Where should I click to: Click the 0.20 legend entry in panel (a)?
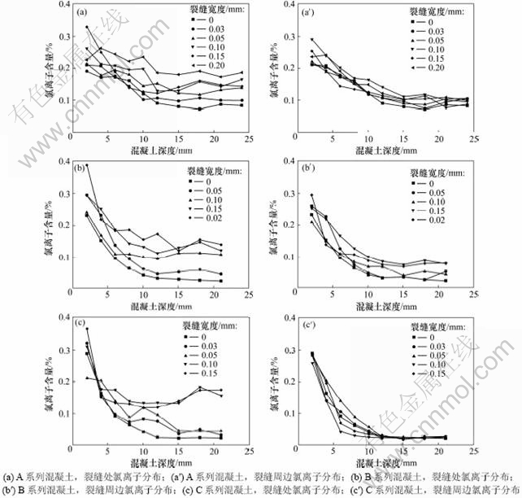(209, 65)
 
